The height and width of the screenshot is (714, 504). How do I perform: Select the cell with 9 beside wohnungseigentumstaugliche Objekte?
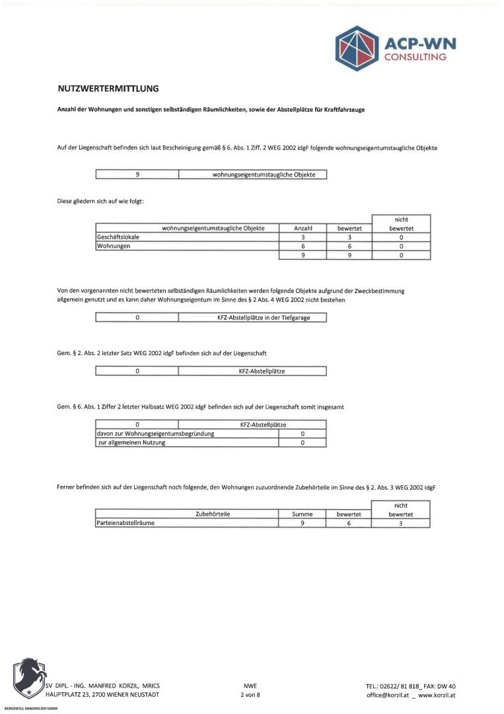point(137,175)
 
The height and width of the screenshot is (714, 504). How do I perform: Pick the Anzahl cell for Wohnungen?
point(303,246)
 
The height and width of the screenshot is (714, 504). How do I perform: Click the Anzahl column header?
point(303,228)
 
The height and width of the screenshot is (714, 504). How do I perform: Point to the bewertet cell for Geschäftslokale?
point(349,237)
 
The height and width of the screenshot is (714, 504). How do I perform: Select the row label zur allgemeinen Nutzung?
point(131,443)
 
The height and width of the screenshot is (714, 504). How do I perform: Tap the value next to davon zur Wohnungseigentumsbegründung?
point(302,434)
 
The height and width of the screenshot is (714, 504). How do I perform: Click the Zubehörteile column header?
point(213,514)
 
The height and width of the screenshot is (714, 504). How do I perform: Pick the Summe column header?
point(302,514)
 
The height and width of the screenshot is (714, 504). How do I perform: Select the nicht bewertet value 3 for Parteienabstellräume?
point(400,523)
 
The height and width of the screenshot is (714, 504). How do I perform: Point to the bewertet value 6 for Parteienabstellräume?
point(349,523)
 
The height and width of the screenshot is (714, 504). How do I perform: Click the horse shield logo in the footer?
point(28,678)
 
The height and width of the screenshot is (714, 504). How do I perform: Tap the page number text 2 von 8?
point(250,695)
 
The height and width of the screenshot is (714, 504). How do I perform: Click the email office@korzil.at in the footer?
point(387,695)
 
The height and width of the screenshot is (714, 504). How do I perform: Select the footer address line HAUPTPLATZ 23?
point(102,695)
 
